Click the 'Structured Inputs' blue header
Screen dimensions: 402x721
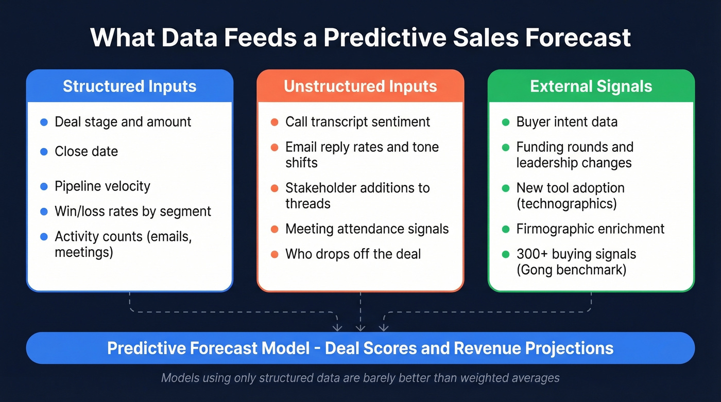[x=129, y=86]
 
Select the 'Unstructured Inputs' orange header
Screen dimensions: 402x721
[x=360, y=86]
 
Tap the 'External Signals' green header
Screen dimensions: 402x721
[x=591, y=86]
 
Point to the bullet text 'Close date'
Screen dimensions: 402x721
[x=86, y=151]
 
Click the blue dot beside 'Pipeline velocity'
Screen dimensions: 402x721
[x=44, y=186]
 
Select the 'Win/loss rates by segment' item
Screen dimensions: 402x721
[x=133, y=212]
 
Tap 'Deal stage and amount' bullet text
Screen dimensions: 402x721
[x=123, y=122]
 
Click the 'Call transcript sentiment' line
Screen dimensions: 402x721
[x=357, y=122]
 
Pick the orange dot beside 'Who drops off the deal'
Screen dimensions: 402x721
[x=274, y=254]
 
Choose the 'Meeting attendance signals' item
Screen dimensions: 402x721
[x=367, y=229]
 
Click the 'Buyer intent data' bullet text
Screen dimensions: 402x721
[x=566, y=122]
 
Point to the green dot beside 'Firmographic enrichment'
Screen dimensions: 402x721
[x=505, y=229]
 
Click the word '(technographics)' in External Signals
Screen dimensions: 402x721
[x=566, y=203]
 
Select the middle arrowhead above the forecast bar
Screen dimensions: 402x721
[x=360, y=327]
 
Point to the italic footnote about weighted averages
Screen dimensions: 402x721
[x=360, y=378]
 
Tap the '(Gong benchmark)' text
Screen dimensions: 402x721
[x=571, y=269]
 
